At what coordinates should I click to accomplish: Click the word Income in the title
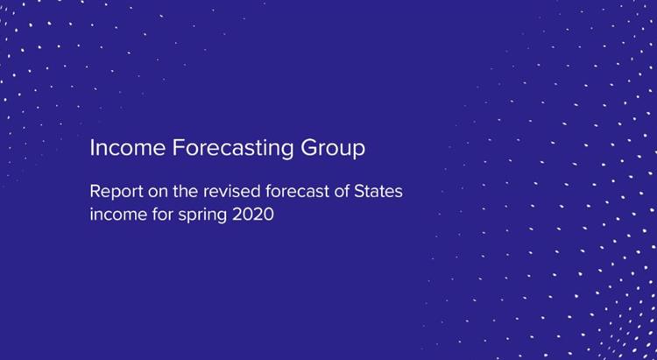click(127, 148)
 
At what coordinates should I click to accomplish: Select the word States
click(378, 192)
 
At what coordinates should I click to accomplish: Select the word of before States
click(342, 192)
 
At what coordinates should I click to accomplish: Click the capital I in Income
click(92, 148)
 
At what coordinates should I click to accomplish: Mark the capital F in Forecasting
click(178, 148)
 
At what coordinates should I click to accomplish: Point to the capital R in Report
click(95, 192)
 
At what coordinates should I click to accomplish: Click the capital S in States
click(359, 192)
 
